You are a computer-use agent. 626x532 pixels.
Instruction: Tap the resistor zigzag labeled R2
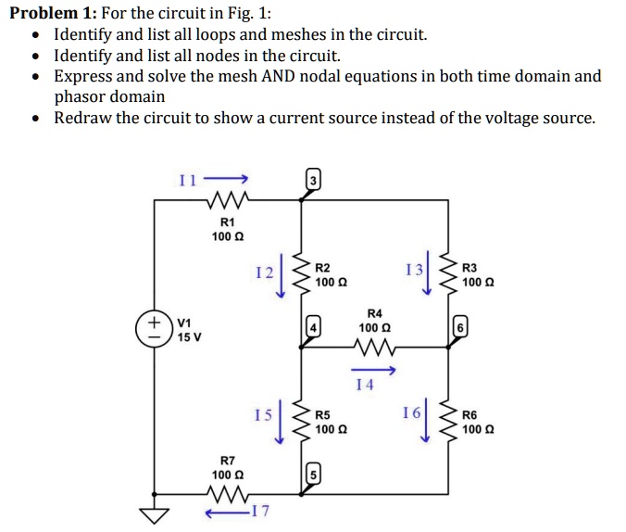(301, 273)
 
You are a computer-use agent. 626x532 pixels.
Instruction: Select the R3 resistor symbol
(449, 273)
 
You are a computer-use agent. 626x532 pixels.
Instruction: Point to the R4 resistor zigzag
(374, 348)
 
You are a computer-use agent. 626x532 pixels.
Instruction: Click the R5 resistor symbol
(301, 421)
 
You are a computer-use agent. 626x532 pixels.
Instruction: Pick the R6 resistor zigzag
(449, 421)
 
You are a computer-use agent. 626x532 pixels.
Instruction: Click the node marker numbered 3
(313, 181)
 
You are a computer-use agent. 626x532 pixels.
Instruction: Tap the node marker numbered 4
(313, 328)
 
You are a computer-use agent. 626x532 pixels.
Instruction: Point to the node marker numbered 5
(313, 475)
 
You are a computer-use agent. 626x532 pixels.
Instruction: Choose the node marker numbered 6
(460, 328)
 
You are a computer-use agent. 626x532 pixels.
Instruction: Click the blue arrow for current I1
(226, 178)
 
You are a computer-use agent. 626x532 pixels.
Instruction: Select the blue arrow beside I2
(282, 275)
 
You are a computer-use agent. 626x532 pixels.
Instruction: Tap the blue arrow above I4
(373, 371)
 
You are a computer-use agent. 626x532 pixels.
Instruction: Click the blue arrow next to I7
(228, 513)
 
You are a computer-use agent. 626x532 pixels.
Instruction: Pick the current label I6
(411, 412)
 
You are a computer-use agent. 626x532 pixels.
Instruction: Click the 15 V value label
(190, 337)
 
